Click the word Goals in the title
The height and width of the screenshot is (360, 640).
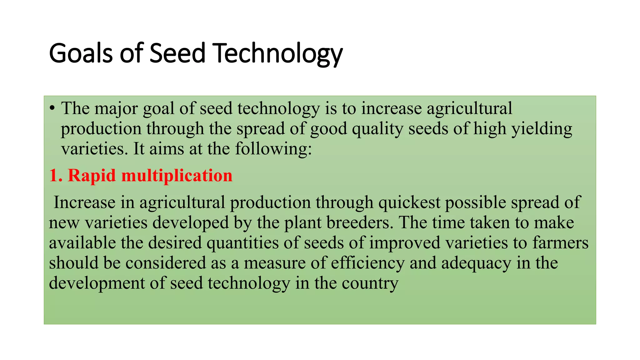[80, 53]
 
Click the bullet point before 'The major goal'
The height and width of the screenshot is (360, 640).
[52, 108]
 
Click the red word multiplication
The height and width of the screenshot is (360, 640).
[177, 175]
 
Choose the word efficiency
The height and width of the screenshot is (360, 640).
[367, 263]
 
